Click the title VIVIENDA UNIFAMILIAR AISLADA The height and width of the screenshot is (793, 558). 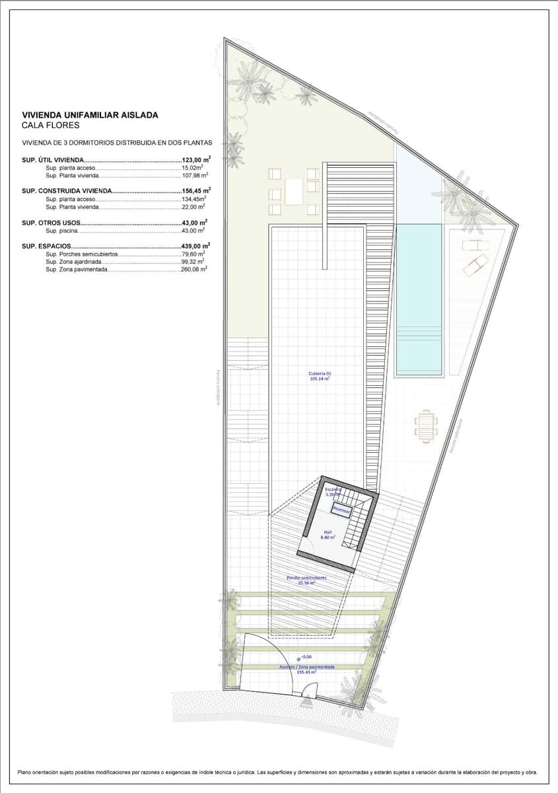pyautogui.click(x=90, y=115)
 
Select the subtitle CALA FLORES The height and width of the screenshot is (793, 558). pyautogui.click(x=50, y=125)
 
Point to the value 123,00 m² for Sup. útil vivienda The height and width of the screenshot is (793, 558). pyautogui.click(x=195, y=160)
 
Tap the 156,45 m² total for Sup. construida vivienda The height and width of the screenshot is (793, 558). pyautogui.click(x=195, y=191)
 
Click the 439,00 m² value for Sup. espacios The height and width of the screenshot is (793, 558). pyautogui.click(x=195, y=246)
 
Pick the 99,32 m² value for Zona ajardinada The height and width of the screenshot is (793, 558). pyautogui.click(x=194, y=262)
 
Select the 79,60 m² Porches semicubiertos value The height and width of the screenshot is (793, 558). pyautogui.click(x=194, y=254)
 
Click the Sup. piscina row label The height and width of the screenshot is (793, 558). pyautogui.click(x=63, y=231)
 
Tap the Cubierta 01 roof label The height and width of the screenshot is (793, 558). pyautogui.click(x=320, y=376)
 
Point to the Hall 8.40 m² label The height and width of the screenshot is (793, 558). pyautogui.click(x=328, y=535)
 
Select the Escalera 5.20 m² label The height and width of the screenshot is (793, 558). pyautogui.click(x=333, y=492)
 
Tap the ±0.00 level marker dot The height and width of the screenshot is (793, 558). pyautogui.click(x=298, y=658)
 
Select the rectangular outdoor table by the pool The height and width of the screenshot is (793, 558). pyautogui.click(x=425, y=426)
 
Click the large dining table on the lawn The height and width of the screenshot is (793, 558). pyautogui.click(x=294, y=192)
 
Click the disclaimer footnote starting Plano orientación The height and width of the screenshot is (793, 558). pyautogui.click(x=278, y=772)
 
